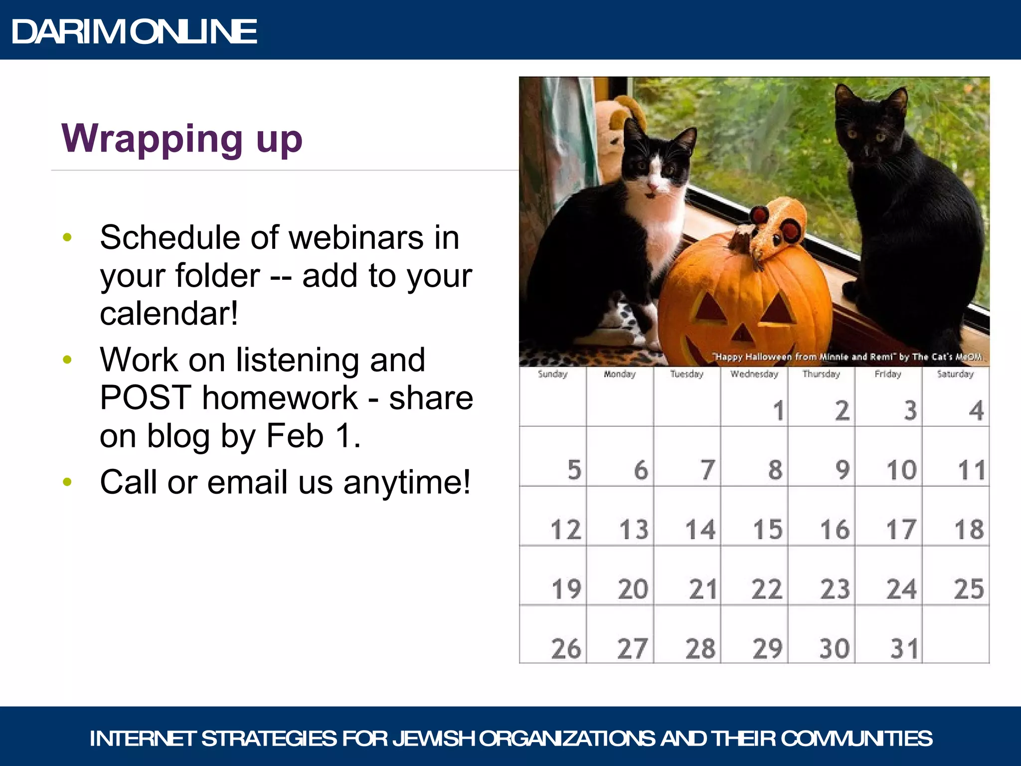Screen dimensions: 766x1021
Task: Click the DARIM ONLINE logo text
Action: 134,31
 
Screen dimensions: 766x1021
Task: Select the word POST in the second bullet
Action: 145,398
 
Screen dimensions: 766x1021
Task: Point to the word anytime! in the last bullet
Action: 406,482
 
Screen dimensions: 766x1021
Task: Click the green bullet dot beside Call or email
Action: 68,482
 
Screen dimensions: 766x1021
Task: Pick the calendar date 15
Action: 767,529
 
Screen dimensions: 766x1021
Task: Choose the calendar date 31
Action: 904,648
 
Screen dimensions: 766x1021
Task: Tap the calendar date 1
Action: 778,410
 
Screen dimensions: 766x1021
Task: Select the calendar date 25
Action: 968,589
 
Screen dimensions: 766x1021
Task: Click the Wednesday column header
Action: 754,374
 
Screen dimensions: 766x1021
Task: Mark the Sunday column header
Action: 552,374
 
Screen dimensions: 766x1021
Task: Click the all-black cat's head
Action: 870,125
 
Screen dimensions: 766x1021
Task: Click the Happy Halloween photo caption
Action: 848,357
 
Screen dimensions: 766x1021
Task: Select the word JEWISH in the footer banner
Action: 433,739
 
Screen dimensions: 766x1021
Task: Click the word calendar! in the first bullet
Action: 169,314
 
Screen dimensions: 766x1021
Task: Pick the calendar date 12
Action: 566,529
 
